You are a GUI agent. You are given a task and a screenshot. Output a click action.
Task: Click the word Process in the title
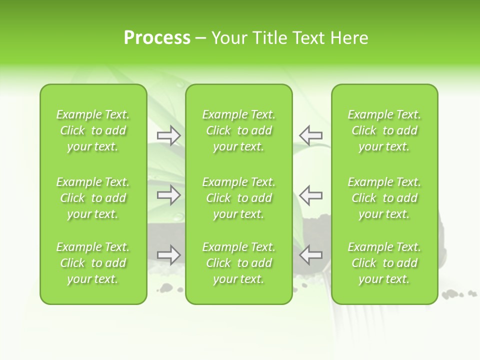tap(157, 38)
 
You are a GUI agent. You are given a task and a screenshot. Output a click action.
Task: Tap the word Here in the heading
tap(348, 38)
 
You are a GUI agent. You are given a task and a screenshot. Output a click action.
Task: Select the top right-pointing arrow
tap(169, 135)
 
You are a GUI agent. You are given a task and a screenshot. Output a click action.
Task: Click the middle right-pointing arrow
tap(169, 195)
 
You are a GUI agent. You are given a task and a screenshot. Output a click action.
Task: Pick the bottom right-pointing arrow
tap(169, 254)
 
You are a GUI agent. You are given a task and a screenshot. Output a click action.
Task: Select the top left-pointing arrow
tap(310, 135)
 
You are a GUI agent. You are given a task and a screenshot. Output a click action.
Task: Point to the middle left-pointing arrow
tap(310, 195)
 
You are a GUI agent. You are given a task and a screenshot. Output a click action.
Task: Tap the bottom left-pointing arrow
tap(310, 254)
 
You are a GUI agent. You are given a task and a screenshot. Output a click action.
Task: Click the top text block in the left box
tap(93, 130)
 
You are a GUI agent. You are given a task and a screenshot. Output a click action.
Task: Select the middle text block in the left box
tap(93, 198)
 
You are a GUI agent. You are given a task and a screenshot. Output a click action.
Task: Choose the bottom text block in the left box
tap(93, 263)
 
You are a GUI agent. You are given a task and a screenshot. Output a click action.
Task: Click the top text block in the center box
tap(238, 130)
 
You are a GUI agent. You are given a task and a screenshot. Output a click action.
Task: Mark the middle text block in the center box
tap(238, 198)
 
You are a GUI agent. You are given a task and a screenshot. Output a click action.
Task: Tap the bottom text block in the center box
tap(238, 263)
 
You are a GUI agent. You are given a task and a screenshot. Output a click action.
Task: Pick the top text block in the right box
tap(384, 130)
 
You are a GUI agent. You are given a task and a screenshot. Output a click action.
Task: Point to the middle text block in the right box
tap(384, 198)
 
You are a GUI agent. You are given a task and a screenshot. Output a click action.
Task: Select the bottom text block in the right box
tap(384, 263)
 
